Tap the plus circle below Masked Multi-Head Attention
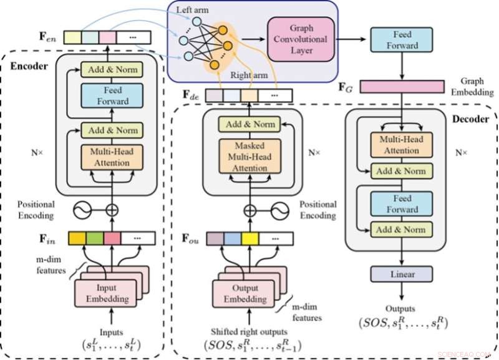coord(249,210)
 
